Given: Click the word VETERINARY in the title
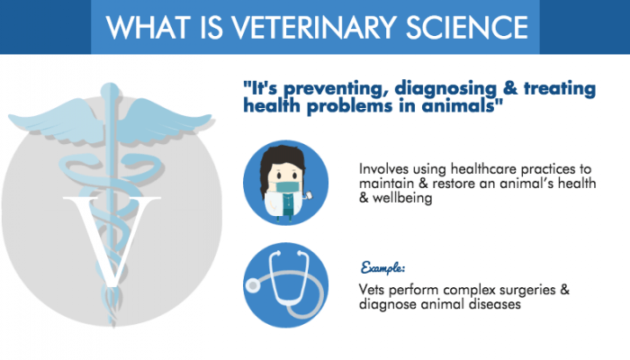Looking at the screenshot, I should [x=307, y=27].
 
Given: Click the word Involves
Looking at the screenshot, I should [x=383, y=168].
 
